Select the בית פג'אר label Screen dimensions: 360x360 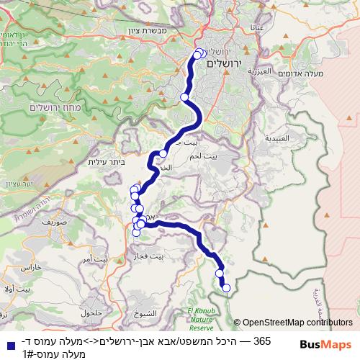click(150, 256)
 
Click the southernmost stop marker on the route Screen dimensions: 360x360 click(226, 288)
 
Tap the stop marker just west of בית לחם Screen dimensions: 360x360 click(163, 153)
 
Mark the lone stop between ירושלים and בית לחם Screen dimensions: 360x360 click(185, 96)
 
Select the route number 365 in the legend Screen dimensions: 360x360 click(263, 340)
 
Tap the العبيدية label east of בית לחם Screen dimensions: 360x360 click(277, 137)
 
